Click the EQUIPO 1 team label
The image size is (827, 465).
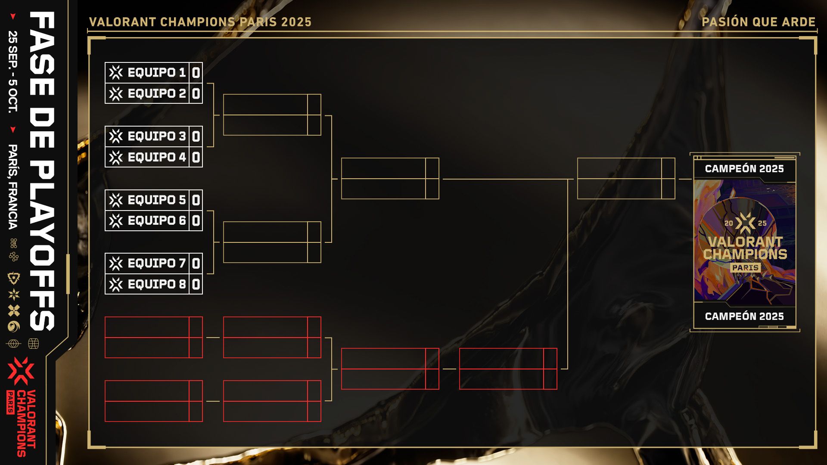pyautogui.click(x=157, y=73)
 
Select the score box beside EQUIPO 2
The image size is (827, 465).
pyautogui.click(x=196, y=93)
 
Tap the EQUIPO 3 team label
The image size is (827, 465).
pyautogui.click(x=157, y=136)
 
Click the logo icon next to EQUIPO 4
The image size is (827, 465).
pyautogui.click(x=116, y=157)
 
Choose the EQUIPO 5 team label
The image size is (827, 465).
pyautogui.click(x=157, y=200)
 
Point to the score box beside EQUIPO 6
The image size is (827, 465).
pyautogui.click(x=196, y=221)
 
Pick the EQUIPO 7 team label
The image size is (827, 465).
pyautogui.click(x=157, y=263)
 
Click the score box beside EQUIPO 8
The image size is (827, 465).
pyautogui.click(x=196, y=284)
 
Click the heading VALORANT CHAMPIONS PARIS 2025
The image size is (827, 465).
pyautogui.click(x=200, y=22)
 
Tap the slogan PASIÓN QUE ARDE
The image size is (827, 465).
pyautogui.click(x=759, y=22)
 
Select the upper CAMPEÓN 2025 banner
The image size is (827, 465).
pyautogui.click(x=744, y=169)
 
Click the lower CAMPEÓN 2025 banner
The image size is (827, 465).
pyautogui.click(x=744, y=316)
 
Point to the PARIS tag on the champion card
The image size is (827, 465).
pyautogui.click(x=746, y=268)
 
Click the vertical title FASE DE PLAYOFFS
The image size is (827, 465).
pyautogui.click(x=42, y=171)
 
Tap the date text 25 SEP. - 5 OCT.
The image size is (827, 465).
pyautogui.click(x=13, y=72)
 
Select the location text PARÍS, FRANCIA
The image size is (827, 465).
pyautogui.click(x=13, y=187)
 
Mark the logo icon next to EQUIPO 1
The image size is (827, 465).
pyautogui.click(x=116, y=73)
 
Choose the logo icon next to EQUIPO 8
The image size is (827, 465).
pyautogui.click(x=116, y=284)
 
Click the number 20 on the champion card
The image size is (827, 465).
pyautogui.click(x=729, y=223)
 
